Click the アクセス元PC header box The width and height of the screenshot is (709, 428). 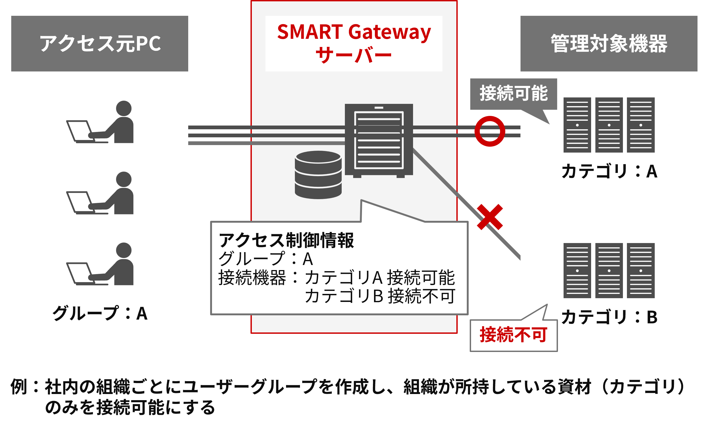pyautogui.click(x=99, y=43)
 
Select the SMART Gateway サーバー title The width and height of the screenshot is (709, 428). pyautogui.click(x=354, y=43)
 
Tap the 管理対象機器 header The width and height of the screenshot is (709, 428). pyautogui.click(x=608, y=43)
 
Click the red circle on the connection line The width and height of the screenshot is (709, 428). pyautogui.click(x=490, y=131)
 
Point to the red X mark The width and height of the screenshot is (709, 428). pyautogui.click(x=490, y=217)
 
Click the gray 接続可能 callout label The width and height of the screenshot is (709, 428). pyautogui.click(x=513, y=94)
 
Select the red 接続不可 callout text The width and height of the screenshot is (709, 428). pyautogui.click(x=513, y=335)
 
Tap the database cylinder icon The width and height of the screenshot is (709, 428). pyautogui.click(x=318, y=175)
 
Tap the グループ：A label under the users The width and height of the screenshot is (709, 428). pyautogui.click(x=99, y=313)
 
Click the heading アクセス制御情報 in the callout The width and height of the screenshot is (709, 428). pyautogui.click(x=286, y=240)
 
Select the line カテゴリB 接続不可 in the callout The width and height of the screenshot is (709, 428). pyautogui.click(x=380, y=296)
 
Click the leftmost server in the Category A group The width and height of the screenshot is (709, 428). pyautogui.click(x=577, y=125)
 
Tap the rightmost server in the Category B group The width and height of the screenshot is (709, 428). pyautogui.click(x=641, y=270)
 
